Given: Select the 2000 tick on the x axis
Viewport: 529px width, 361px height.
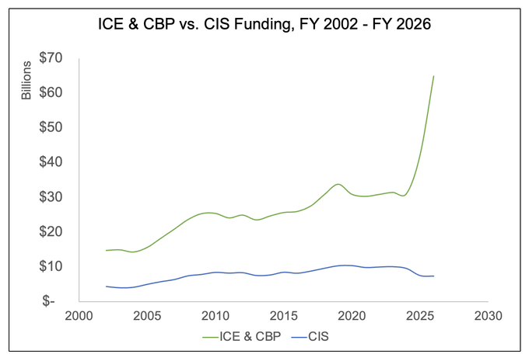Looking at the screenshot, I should pyautogui.click(x=79, y=316).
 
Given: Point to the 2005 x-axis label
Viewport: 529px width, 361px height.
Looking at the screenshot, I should pyautogui.click(x=147, y=316).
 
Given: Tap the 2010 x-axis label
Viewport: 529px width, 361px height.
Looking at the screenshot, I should pyautogui.click(x=215, y=316).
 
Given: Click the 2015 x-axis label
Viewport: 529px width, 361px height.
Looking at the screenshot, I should pyautogui.click(x=283, y=316).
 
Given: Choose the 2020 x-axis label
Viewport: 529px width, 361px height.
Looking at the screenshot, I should pyautogui.click(x=352, y=316).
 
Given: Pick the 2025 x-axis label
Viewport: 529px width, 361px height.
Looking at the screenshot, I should pyautogui.click(x=419, y=316).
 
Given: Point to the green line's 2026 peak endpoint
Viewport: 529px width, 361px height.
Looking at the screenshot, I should pyautogui.click(x=433, y=76).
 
